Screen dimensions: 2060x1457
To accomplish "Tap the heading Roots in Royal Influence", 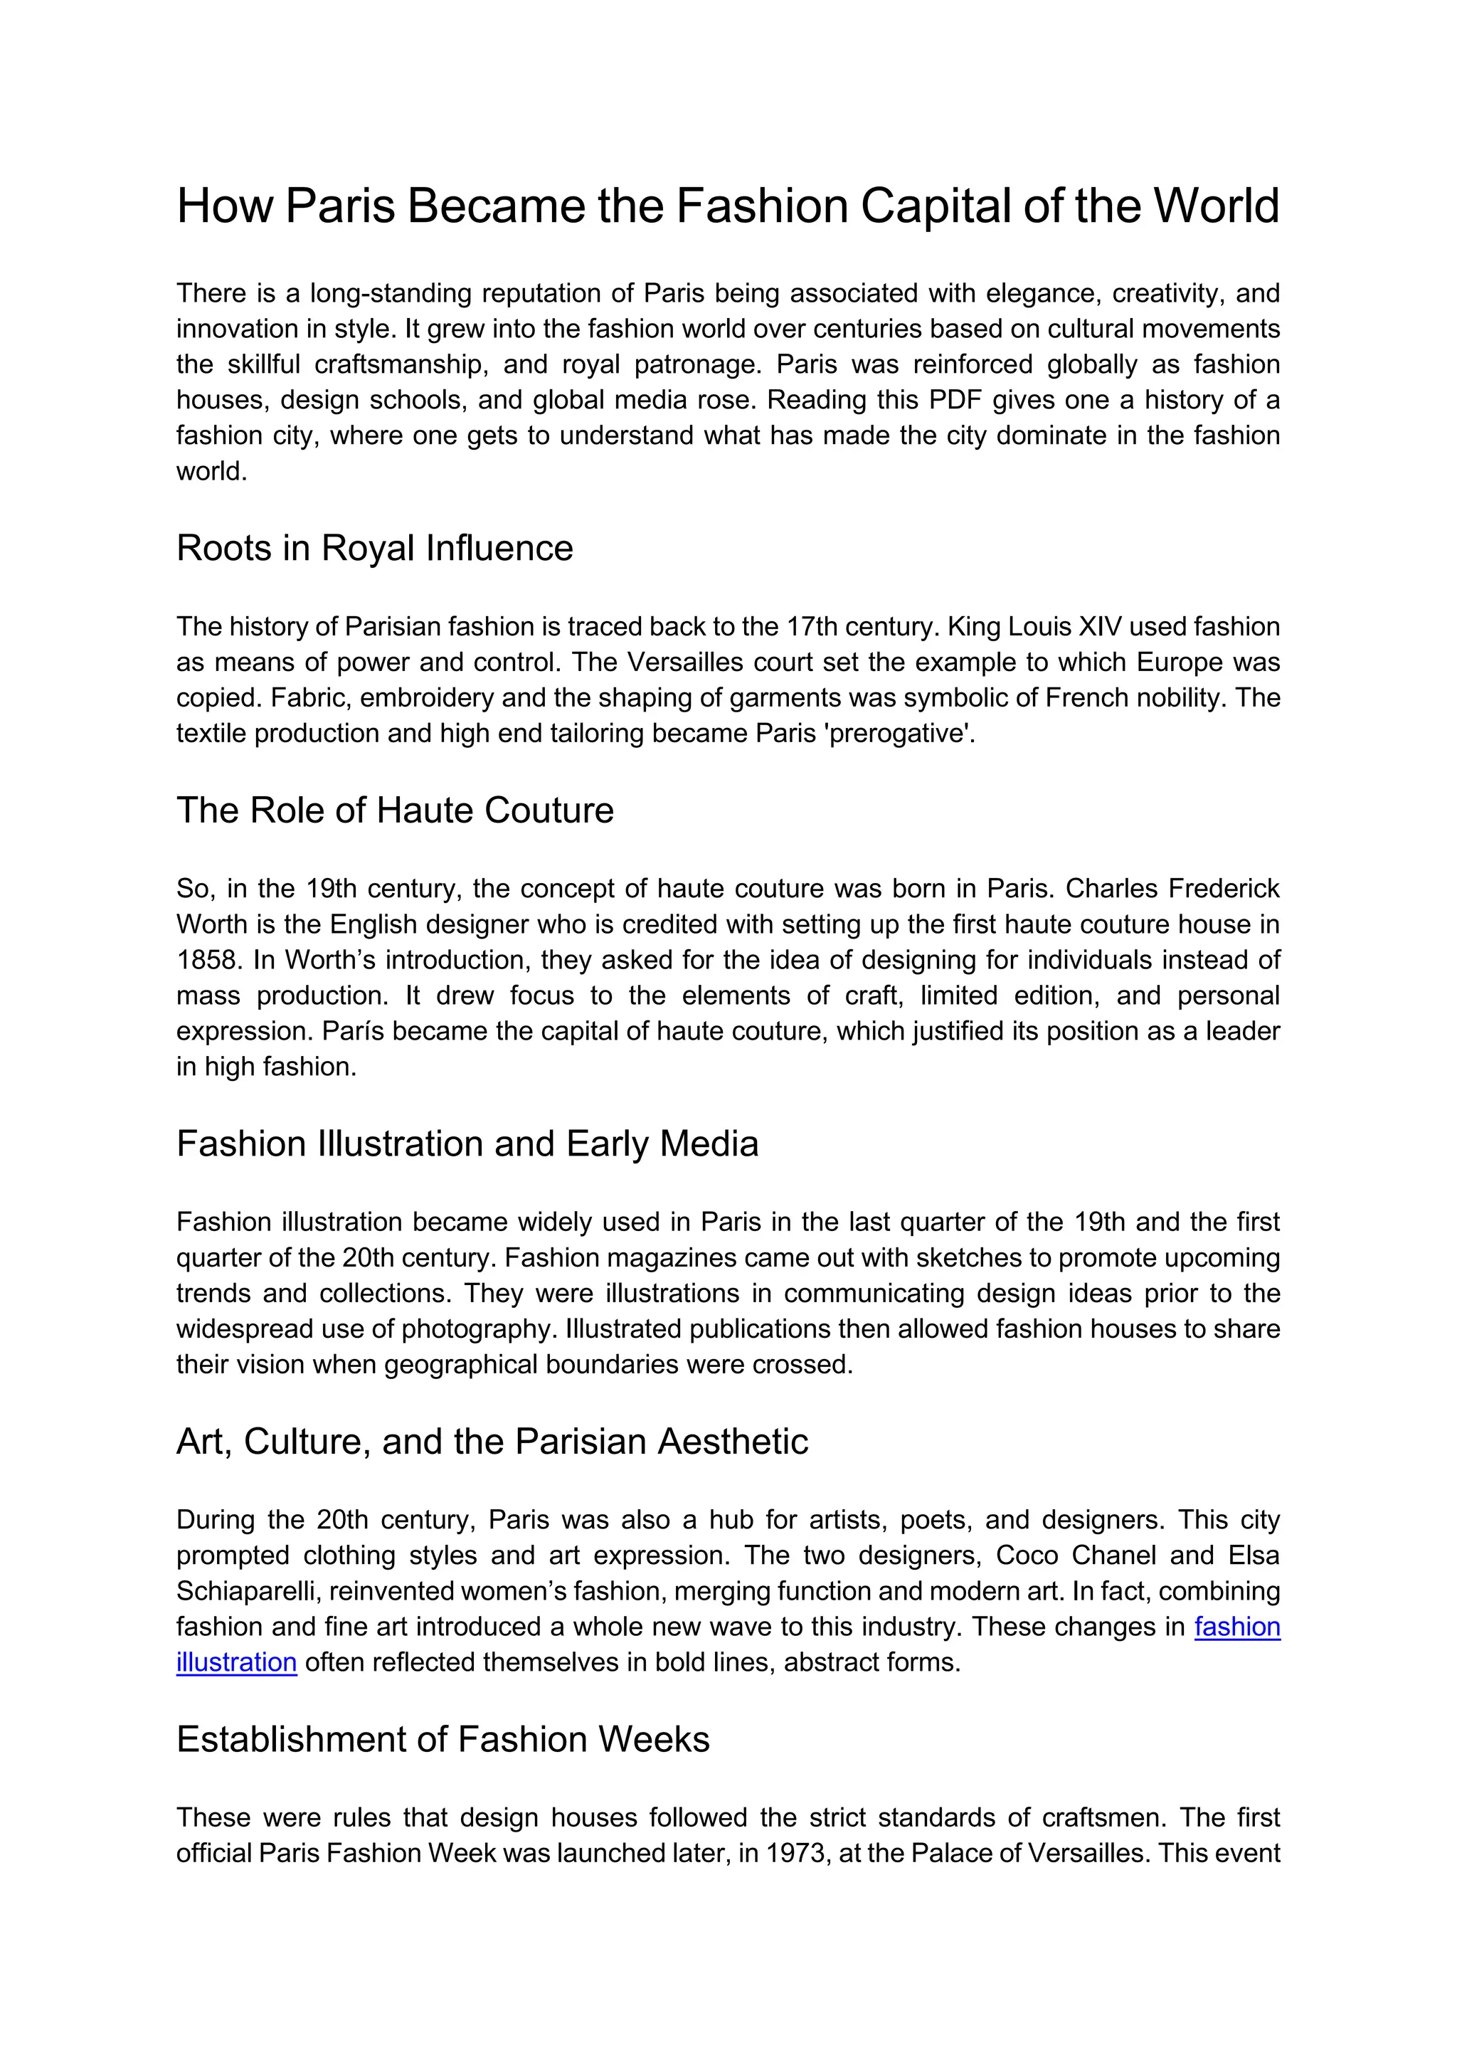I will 374,548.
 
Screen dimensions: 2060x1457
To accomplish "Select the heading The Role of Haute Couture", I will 395,810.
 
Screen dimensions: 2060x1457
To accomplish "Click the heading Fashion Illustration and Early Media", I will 467,1144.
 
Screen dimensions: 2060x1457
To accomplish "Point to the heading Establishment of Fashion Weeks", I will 443,1740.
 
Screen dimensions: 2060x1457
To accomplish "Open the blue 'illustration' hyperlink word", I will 236,1662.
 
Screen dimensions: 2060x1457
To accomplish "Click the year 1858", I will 207,960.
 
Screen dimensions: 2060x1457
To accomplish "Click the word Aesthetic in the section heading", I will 733,1442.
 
